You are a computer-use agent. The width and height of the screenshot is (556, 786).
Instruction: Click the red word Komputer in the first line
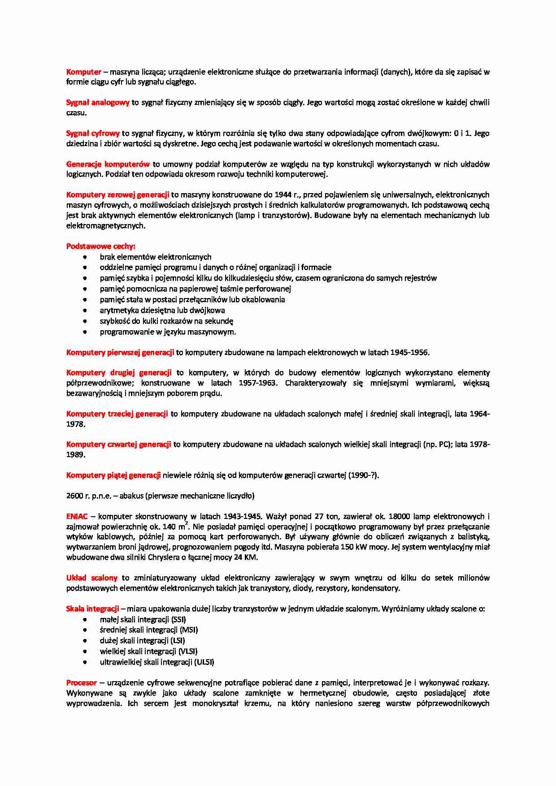coord(83,72)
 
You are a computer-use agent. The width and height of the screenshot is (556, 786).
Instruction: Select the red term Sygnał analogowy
coord(98,103)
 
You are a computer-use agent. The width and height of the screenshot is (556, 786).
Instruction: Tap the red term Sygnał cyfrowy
coord(93,133)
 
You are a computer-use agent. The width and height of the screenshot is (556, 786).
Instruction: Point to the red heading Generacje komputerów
coord(108,164)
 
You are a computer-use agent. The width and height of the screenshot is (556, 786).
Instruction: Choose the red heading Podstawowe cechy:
coord(101,246)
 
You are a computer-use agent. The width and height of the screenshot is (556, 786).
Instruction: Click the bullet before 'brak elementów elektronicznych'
coord(85,257)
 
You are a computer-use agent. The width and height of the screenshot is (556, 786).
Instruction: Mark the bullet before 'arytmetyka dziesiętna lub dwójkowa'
coord(85,311)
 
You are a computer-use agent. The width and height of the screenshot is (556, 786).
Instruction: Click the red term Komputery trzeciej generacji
coord(117,414)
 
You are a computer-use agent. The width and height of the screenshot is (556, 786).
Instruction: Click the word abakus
coord(131,496)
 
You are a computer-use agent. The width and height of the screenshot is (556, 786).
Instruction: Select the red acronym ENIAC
coord(77,517)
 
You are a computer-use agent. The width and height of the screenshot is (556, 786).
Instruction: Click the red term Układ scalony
coord(92,578)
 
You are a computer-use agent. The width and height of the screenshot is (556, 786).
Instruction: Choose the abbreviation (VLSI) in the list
coord(188,652)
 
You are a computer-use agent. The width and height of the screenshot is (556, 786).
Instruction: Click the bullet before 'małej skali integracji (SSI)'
coord(85,620)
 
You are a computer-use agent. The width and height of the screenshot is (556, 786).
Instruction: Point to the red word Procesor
coord(82,683)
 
